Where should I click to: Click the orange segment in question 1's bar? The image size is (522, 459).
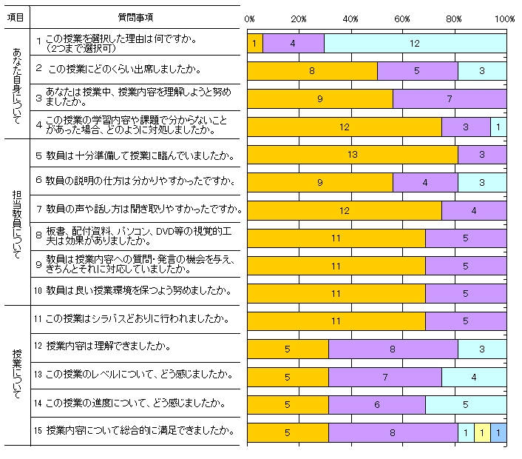[254, 44]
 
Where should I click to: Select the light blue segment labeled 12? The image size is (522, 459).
[415, 44]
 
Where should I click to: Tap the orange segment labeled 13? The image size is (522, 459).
[352, 154]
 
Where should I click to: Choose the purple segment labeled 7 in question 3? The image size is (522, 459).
[450, 99]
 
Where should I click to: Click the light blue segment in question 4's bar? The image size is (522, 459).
[498, 127]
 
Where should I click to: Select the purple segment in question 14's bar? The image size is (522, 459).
[377, 404]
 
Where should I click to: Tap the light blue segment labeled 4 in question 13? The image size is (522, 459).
[474, 377]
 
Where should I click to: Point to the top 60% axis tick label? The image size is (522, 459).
[403, 18]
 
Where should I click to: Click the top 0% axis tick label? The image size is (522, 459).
[249, 18]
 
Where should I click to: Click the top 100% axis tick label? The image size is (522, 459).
[505, 18]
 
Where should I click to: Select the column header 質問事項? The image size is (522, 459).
[136, 17]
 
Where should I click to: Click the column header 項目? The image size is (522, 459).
[16, 17]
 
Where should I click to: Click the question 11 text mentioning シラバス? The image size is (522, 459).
[137, 320]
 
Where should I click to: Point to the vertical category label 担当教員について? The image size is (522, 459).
[16, 220]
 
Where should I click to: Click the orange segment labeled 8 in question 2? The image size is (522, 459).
[312, 71]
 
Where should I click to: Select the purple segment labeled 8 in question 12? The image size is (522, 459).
[393, 349]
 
